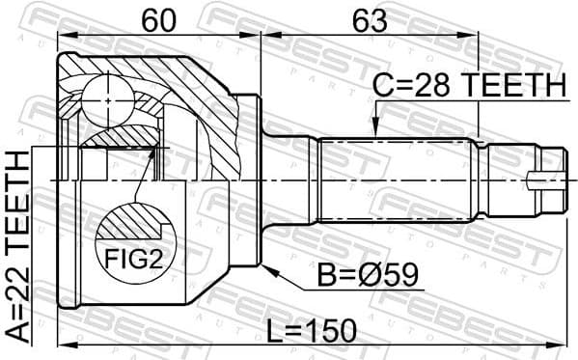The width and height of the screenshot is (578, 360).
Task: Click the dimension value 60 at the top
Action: pyautogui.click(x=159, y=19)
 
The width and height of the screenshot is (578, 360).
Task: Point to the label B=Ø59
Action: pyautogui.click(x=369, y=277)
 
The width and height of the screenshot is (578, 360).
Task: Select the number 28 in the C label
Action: pyautogui.click(x=442, y=85)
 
